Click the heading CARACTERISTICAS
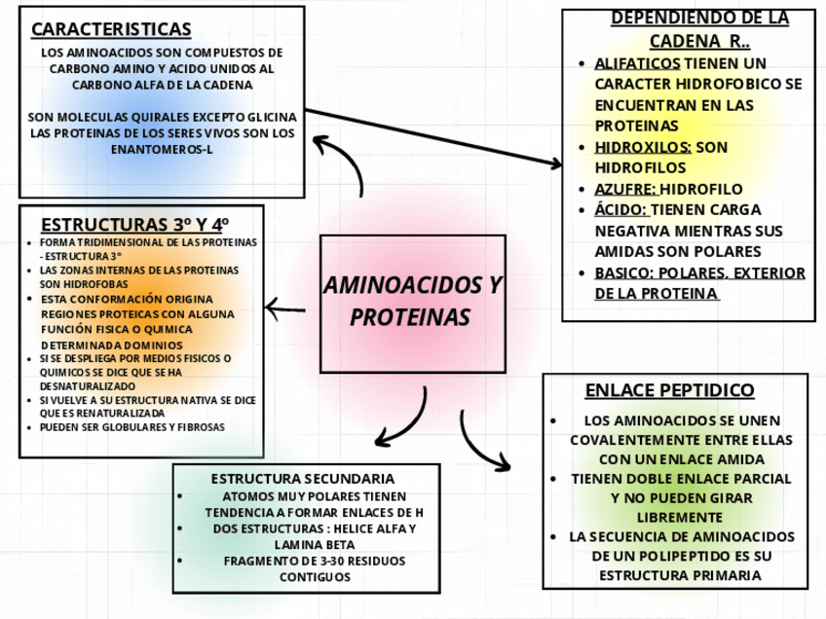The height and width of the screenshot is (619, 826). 111,29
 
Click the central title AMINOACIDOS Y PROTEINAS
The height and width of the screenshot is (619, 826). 411,302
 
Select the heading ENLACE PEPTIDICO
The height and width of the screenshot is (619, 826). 669,390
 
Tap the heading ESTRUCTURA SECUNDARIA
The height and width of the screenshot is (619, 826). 303,479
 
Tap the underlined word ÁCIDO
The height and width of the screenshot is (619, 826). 620,209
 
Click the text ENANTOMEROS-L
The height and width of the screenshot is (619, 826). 162,150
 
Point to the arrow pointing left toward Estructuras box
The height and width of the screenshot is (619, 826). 285,309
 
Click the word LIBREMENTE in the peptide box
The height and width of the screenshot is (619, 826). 673,517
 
